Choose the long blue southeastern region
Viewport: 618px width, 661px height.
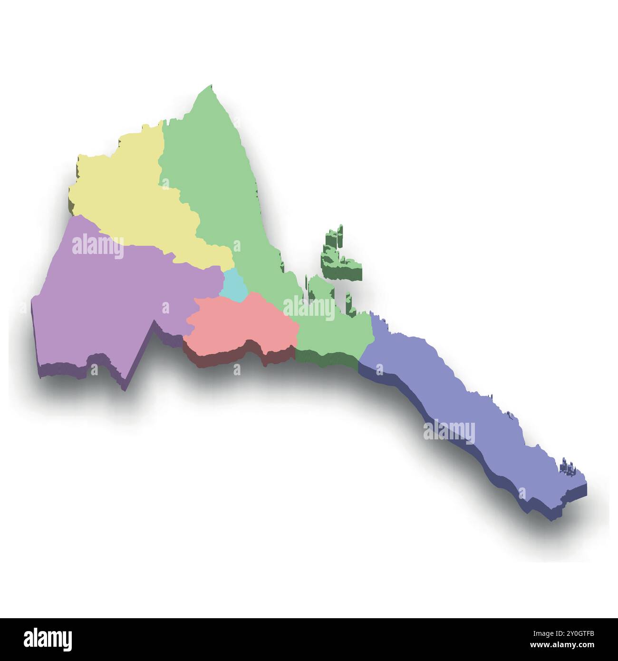[456, 404]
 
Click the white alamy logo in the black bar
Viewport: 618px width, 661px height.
[48, 638]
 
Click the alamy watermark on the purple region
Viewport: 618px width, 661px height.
[97, 246]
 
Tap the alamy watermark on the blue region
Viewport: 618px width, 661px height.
[449, 431]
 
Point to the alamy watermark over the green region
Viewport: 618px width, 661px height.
[309, 309]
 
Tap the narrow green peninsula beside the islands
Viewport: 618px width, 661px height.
[314, 290]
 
